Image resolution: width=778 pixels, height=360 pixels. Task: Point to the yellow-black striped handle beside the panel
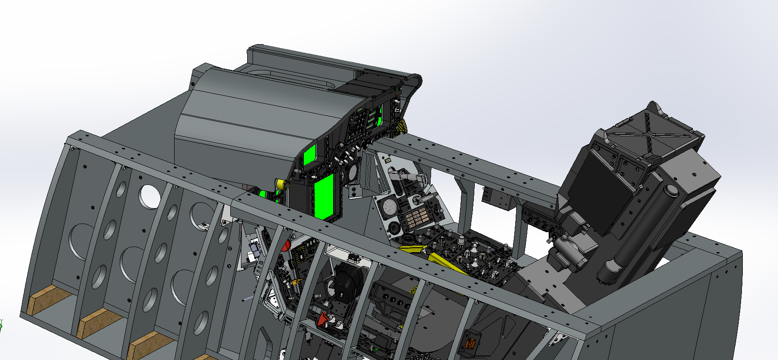click(402, 127)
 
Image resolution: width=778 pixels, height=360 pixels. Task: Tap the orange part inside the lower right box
click(468, 344)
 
